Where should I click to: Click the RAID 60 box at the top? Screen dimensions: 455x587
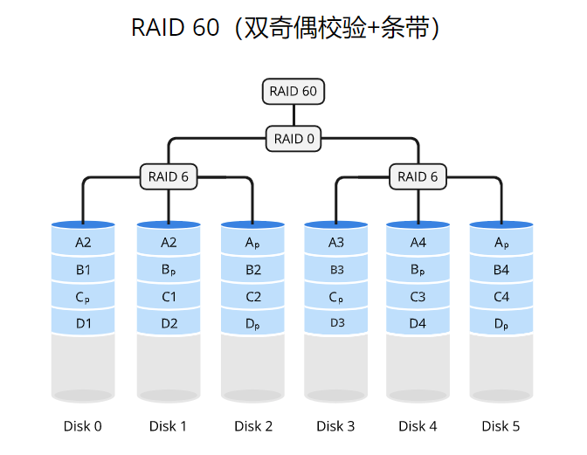[293, 92]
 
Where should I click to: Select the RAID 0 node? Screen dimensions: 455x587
[293, 139]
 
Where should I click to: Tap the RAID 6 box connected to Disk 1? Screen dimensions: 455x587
[169, 176]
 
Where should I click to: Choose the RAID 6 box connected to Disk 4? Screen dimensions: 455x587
[418, 176]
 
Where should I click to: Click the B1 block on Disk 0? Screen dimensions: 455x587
[83, 270]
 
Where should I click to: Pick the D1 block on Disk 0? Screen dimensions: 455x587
[83, 323]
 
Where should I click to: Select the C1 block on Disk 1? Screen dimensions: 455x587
[169, 297]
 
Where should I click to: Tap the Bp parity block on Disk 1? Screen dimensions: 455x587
[169, 270]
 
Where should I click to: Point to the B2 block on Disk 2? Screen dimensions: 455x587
[253, 270]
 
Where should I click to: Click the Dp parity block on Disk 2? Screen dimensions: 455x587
[253, 323]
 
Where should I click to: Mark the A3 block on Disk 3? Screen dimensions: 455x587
[336, 243]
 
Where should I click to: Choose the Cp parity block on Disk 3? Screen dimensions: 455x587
[336, 297]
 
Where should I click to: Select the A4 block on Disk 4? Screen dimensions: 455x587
[418, 243]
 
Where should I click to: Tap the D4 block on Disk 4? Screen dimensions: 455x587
[418, 323]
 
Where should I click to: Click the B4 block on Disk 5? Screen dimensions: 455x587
[501, 270]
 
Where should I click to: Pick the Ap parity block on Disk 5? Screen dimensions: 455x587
[501, 243]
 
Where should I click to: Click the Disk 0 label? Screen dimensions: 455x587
[83, 426]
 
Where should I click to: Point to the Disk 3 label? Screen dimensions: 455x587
[336, 426]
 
